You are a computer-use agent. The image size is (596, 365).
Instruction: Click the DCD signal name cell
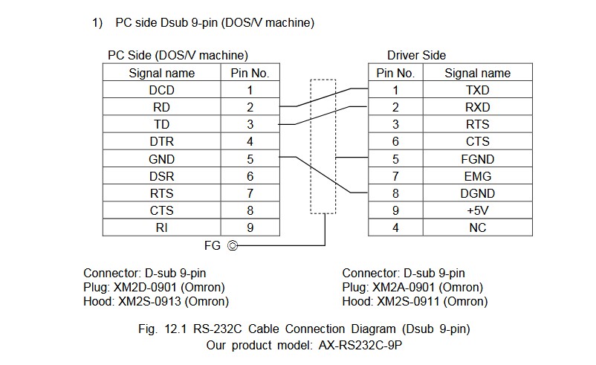point(161,90)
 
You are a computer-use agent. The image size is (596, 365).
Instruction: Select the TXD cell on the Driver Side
point(477,90)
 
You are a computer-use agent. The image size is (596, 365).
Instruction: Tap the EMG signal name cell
point(477,176)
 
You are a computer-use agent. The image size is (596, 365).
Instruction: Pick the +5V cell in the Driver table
point(477,210)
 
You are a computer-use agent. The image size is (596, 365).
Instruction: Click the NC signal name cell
point(477,227)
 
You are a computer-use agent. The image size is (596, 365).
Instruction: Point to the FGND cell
point(477,159)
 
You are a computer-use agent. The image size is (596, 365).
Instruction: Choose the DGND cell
point(477,193)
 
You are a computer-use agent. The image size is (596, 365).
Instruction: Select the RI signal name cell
point(161,227)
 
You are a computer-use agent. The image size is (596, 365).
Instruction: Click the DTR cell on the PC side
point(161,141)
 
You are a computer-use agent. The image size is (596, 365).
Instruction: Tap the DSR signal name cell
point(161,176)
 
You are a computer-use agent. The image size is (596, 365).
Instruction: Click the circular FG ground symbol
point(233,245)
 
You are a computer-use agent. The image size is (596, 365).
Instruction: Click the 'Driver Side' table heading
point(416,56)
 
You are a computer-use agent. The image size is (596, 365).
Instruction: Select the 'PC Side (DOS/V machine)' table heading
point(178,56)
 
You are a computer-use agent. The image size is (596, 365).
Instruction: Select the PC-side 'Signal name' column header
point(161,73)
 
